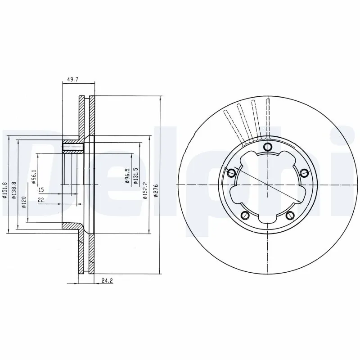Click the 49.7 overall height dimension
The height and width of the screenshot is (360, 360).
(x=72, y=79)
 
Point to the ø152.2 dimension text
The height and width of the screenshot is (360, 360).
(x=145, y=189)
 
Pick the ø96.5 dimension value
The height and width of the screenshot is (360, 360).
(x=127, y=176)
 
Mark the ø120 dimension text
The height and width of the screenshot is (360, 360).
(x=23, y=203)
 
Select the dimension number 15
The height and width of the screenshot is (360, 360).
(x=41, y=189)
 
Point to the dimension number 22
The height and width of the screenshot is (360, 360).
(x=40, y=200)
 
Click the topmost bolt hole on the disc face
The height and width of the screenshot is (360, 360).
(x=268, y=147)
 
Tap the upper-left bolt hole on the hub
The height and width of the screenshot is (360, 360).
(x=232, y=172)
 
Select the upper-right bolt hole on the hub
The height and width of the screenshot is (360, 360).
(x=303, y=172)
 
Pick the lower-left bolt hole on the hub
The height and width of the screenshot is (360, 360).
(x=246, y=214)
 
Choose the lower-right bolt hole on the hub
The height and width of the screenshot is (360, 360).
(x=290, y=214)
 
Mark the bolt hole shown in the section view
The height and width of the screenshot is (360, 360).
(x=72, y=147)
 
